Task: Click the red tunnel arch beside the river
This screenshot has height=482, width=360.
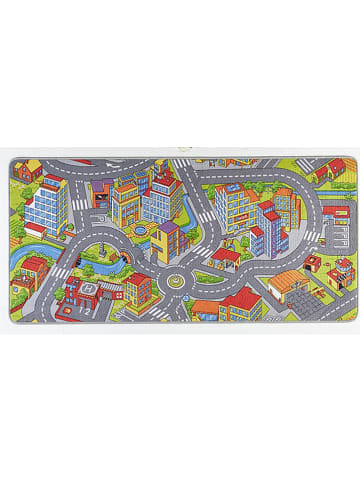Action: (120, 263)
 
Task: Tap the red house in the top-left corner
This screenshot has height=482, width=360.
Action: (27, 170)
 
